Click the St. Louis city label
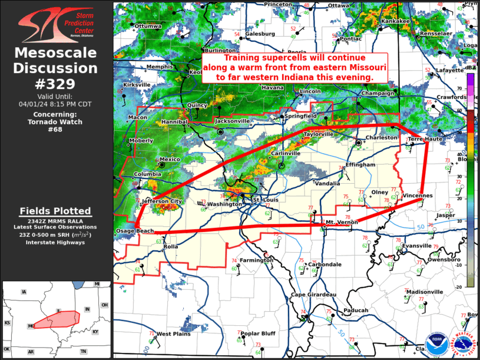point(264,201)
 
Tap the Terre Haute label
point(425,138)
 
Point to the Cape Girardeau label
point(313,295)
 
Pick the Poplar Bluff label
point(258,333)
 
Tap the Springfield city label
point(301,116)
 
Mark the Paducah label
point(356,311)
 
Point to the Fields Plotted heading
point(55,211)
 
